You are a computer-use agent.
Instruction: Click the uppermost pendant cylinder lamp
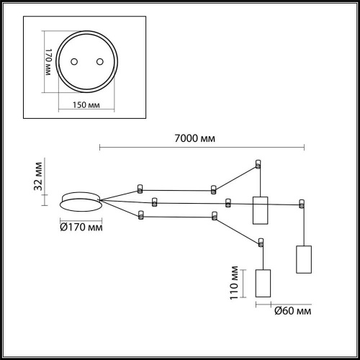tap(259, 210)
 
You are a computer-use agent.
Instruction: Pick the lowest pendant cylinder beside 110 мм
tap(264, 283)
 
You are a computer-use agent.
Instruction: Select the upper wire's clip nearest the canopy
tap(140, 190)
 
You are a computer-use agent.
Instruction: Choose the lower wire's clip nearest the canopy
tap(141, 215)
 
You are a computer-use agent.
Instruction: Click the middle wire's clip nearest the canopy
tap(153, 200)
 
